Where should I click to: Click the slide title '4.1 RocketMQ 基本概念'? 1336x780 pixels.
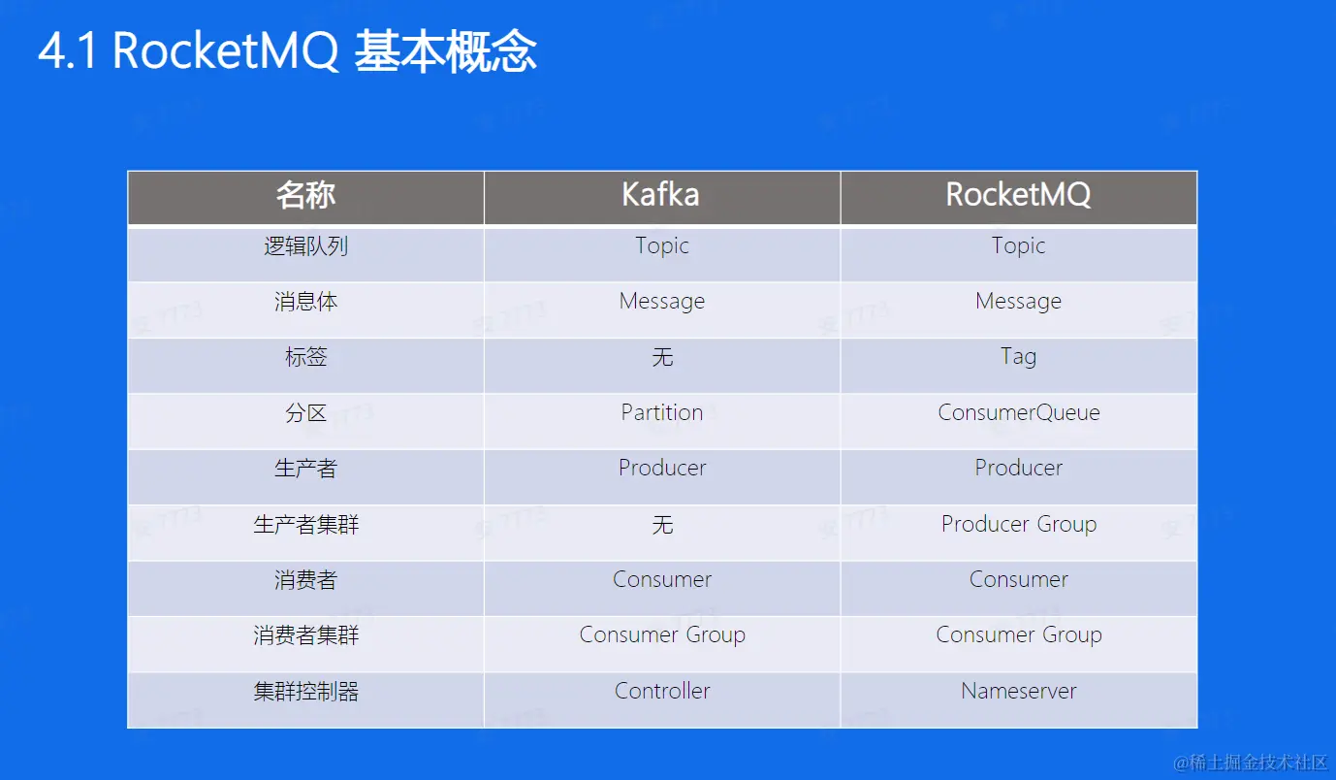click(288, 51)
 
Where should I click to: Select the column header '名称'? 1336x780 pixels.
click(305, 195)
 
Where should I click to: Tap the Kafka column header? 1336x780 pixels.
click(660, 195)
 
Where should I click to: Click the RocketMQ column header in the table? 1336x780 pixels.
click(1018, 195)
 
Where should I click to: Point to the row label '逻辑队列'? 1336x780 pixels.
click(305, 245)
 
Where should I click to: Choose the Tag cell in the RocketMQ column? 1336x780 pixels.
click(1018, 357)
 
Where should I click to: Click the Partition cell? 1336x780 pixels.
click(661, 412)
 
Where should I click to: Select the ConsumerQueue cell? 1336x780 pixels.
click(1018, 412)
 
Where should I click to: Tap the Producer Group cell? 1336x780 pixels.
click(1018, 525)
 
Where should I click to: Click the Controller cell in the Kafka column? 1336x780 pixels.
click(661, 691)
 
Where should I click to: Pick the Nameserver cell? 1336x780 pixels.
click(1018, 691)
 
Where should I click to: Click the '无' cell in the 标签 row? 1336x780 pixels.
click(662, 357)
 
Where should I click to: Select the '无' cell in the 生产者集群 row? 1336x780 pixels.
click(662, 525)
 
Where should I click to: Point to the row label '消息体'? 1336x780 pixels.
click(305, 302)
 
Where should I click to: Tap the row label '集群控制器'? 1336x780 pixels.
click(305, 691)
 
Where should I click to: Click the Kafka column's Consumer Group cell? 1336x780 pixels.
click(662, 635)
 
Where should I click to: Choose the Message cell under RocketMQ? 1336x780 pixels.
click(1018, 302)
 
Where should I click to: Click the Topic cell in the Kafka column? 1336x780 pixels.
click(661, 245)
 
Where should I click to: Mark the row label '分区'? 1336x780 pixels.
click(305, 413)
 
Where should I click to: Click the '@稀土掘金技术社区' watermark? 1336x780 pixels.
click(1250, 763)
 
